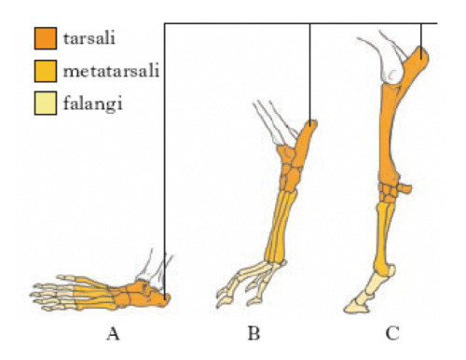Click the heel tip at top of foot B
[310, 126]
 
